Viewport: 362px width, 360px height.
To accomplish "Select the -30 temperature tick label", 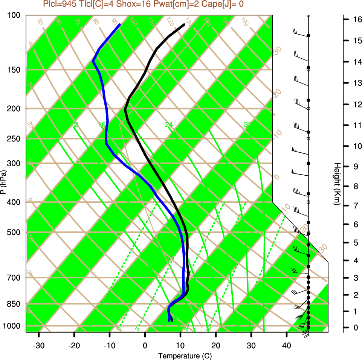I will (39, 345).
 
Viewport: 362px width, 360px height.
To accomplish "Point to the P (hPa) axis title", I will (3, 182).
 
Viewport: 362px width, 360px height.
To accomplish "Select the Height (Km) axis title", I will (337, 184).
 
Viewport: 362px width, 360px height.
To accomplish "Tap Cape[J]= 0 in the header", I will (225, 5).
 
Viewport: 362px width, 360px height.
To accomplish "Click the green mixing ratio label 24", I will (169, 125).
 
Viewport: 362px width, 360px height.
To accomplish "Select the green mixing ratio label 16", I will (102, 125).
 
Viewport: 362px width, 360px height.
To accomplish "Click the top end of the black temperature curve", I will (184, 24).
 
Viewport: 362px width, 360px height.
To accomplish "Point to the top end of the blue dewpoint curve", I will (120, 24).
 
